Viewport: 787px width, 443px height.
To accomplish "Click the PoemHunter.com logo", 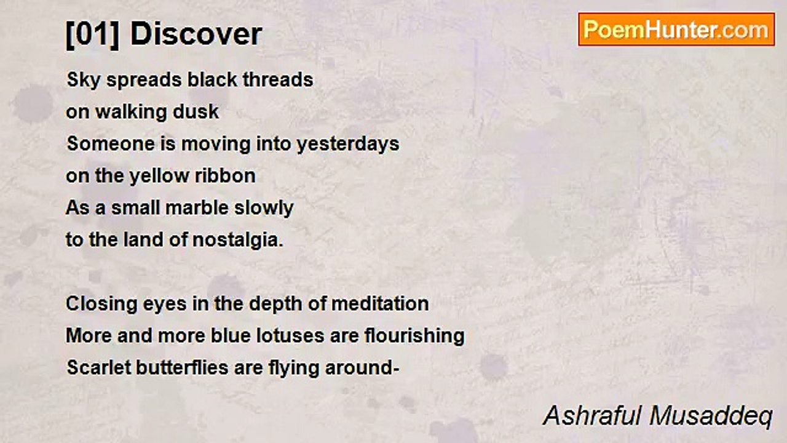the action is [x=676, y=30].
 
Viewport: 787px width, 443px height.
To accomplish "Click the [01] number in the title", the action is [x=93, y=34].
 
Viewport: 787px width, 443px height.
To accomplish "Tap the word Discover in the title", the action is [x=196, y=34].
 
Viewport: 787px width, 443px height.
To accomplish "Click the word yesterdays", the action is [x=348, y=145].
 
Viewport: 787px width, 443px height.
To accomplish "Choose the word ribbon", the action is [x=226, y=176].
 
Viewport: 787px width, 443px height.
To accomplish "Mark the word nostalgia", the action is [x=238, y=241].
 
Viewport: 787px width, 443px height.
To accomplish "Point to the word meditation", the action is [x=380, y=304].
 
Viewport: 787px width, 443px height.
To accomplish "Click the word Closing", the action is [x=101, y=305].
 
